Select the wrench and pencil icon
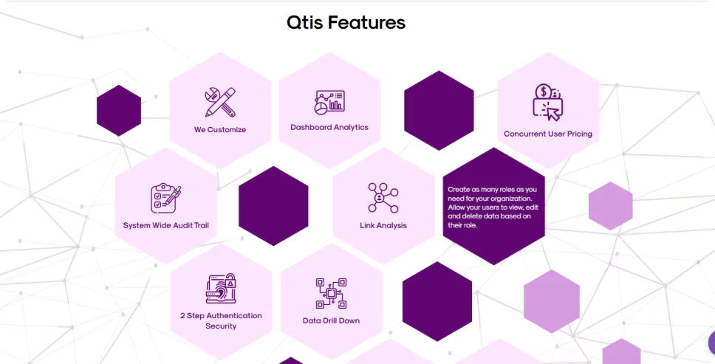(x=220, y=102)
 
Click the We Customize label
(x=220, y=130)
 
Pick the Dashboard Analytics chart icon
(x=329, y=103)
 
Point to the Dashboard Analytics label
(x=329, y=128)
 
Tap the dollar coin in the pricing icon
(x=543, y=92)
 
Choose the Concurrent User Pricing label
(x=548, y=134)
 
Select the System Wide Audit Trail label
(x=166, y=225)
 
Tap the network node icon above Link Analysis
(x=383, y=198)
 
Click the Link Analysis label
(x=383, y=225)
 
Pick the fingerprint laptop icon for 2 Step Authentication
(x=221, y=289)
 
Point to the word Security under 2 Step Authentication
(x=221, y=326)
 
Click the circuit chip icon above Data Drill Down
(x=331, y=294)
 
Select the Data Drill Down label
(x=331, y=320)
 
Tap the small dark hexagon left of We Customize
(x=119, y=111)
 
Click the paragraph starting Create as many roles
(x=493, y=207)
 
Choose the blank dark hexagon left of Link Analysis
(x=273, y=206)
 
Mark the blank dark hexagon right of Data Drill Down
(x=437, y=301)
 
